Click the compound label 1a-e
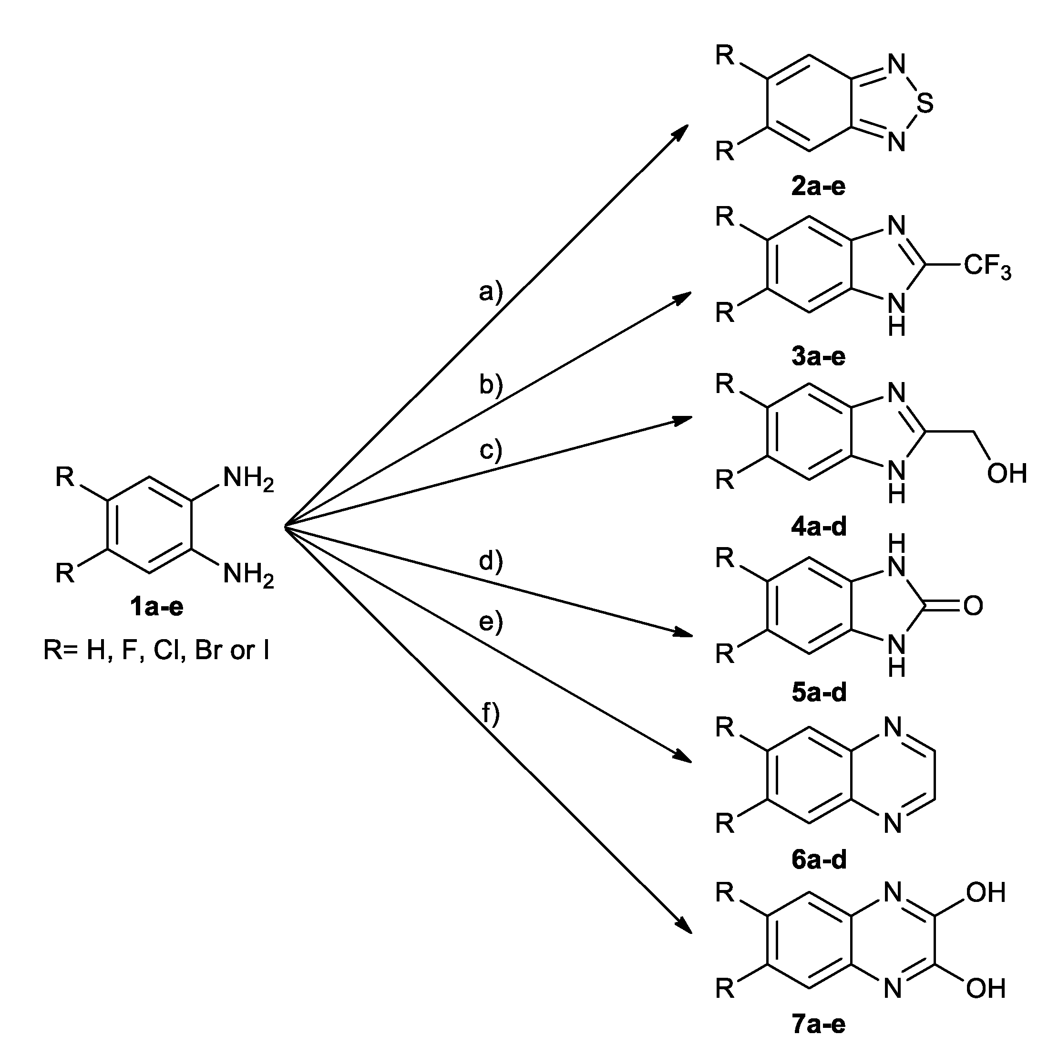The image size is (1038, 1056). coord(156,608)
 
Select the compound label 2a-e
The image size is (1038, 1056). coord(818,187)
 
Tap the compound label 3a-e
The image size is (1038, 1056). coord(818,357)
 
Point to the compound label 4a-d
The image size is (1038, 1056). coord(818,527)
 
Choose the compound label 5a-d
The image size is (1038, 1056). coord(818,692)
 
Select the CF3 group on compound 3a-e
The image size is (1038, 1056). coord(987,267)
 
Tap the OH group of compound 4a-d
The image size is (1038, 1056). coord(1007,474)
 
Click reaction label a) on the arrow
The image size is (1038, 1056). coord(491,293)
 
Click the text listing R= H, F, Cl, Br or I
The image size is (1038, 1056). coord(156,650)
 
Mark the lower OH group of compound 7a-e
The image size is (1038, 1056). coord(986,988)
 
